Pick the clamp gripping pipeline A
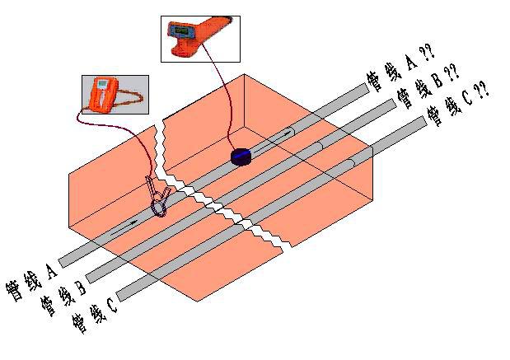(x=158, y=199)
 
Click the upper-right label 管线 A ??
(x=393, y=69)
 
